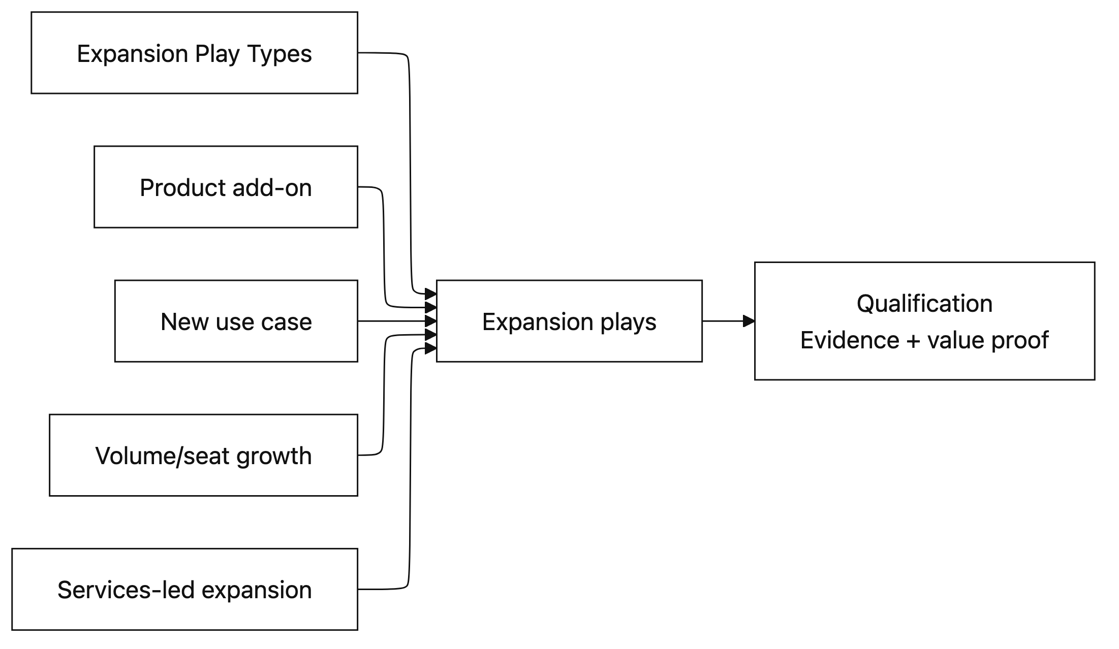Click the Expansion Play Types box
(194, 53)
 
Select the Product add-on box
(226, 187)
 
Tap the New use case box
(236, 321)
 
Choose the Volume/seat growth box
(203, 455)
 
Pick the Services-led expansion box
(184, 589)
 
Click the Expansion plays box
(569, 321)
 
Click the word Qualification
(924, 304)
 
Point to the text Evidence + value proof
(924, 340)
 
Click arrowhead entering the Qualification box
(749, 321)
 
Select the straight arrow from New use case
(391, 321)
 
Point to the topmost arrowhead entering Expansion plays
(431, 294)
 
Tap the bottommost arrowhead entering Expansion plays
(431, 348)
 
